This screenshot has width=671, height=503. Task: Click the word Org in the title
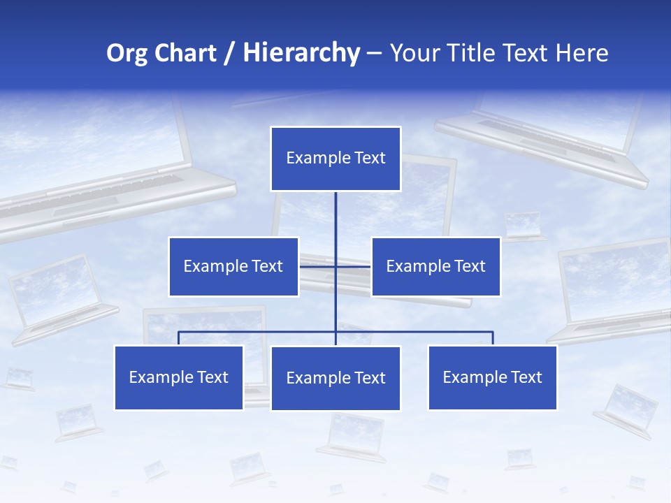point(127,53)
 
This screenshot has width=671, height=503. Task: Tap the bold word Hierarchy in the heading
point(301,53)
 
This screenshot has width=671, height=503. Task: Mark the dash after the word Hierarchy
point(374,54)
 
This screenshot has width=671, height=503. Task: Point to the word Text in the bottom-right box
point(526,377)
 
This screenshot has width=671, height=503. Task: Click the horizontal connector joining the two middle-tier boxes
point(353,266)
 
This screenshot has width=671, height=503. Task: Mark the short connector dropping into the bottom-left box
point(178,338)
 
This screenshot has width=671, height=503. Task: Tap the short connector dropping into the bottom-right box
point(493,338)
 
